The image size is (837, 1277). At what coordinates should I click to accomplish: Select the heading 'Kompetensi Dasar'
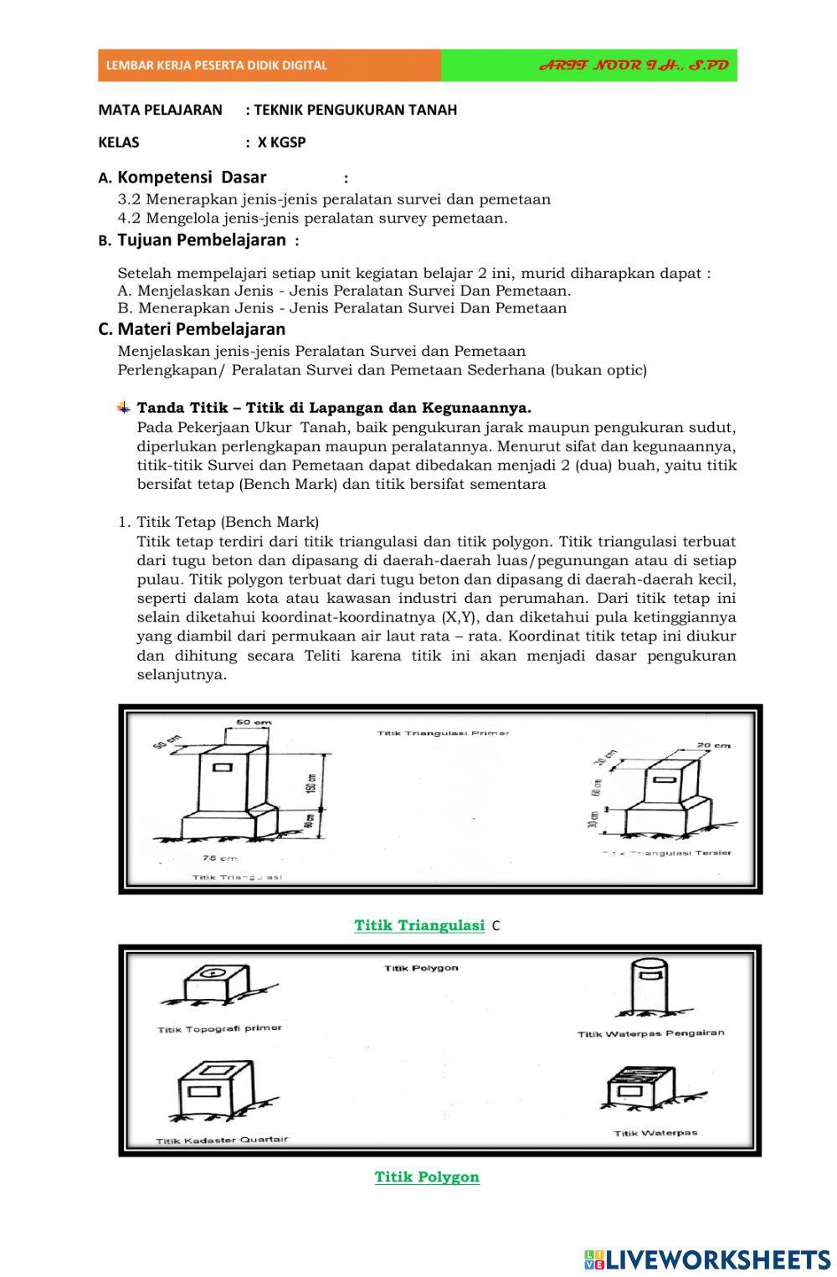click(192, 177)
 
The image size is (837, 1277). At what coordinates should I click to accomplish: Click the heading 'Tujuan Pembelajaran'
click(201, 240)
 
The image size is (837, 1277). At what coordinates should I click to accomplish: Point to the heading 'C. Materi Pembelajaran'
click(192, 329)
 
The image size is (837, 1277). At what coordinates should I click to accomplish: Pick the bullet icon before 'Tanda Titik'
click(124, 408)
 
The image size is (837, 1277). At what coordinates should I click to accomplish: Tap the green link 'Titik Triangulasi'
click(419, 925)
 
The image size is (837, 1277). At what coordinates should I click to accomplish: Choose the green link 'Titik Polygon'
click(427, 1177)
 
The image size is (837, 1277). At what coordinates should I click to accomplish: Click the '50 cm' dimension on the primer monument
click(253, 722)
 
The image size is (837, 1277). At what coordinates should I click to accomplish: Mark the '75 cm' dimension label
click(219, 858)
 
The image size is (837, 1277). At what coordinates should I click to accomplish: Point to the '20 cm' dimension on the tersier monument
click(713, 745)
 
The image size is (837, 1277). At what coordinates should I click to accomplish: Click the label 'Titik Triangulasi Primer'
click(443, 734)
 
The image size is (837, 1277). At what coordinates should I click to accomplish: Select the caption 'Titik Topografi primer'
click(219, 1028)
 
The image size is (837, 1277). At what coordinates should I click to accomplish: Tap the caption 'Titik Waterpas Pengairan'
click(650, 1033)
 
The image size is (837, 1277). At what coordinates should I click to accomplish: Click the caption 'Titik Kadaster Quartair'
click(222, 1140)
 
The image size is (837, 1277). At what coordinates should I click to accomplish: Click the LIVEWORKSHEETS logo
click(707, 1259)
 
